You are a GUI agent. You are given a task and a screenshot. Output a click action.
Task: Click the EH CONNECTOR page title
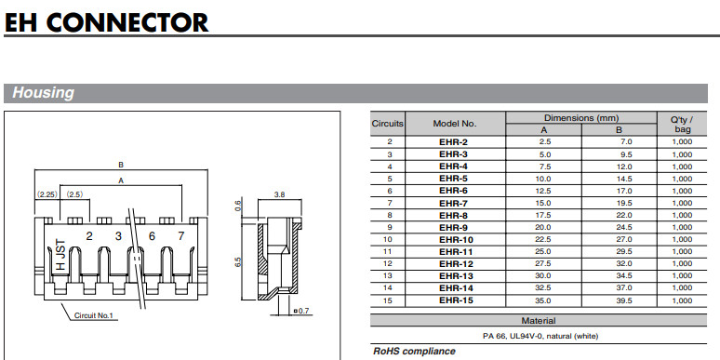(x=106, y=21)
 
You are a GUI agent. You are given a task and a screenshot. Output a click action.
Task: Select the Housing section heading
(x=43, y=93)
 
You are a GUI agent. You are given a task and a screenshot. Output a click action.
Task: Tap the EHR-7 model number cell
(x=453, y=203)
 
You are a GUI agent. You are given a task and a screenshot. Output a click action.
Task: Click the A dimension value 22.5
(x=544, y=239)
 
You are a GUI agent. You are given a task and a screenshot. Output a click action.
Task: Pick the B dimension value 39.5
(x=625, y=300)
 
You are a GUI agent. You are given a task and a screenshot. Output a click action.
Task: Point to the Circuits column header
(x=388, y=124)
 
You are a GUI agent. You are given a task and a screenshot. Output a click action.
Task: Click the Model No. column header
(x=455, y=124)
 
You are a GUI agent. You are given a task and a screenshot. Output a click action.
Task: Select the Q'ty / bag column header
(x=683, y=124)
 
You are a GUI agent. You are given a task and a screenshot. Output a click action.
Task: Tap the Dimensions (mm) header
(x=581, y=118)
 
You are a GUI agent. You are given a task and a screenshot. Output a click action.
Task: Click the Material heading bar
(x=539, y=321)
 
